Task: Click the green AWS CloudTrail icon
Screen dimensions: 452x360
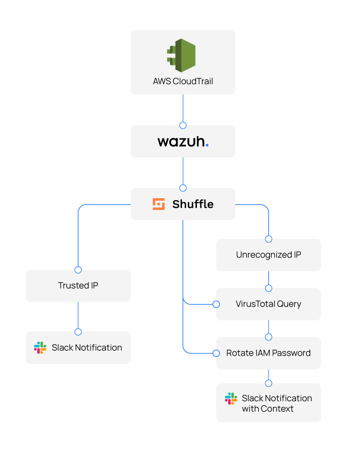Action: (181, 55)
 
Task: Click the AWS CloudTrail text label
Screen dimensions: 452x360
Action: (183, 81)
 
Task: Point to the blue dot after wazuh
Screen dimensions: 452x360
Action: (207, 146)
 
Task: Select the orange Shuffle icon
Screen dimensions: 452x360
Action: (159, 204)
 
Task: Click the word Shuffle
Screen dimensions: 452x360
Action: (193, 204)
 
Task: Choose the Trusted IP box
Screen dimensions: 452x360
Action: (78, 286)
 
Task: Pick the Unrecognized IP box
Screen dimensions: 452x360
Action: (269, 255)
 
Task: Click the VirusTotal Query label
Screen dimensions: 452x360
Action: (269, 304)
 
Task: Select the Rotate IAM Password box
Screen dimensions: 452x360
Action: (269, 353)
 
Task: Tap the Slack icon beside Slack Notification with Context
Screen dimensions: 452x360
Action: (231, 398)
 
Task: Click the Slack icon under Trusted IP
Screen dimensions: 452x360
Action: (40, 348)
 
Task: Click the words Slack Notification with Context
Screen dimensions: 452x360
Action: (276, 403)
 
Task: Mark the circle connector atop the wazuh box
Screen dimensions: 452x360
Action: (183, 125)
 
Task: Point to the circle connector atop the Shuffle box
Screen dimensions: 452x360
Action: (183, 188)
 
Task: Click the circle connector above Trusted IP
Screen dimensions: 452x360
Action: (78, 270)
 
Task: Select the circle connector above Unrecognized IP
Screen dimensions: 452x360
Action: (269, 239)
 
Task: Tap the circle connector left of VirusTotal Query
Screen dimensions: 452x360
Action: (216, 304)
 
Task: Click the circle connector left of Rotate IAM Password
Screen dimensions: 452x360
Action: (216, 353)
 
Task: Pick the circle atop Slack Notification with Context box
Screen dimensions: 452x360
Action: (269, 383)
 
